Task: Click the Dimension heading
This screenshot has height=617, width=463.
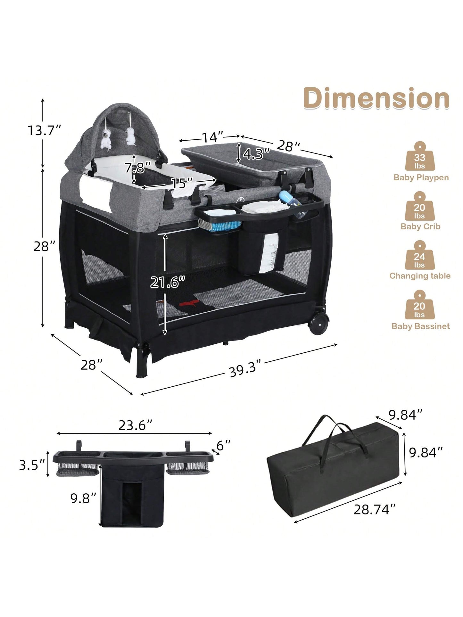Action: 376,98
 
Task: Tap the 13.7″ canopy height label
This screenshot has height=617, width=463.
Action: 44,130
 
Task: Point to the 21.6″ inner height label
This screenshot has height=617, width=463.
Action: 168,282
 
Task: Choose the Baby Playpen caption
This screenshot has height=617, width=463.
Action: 421,177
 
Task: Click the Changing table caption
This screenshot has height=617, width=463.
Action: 420,276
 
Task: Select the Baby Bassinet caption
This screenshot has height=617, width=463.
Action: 420,326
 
